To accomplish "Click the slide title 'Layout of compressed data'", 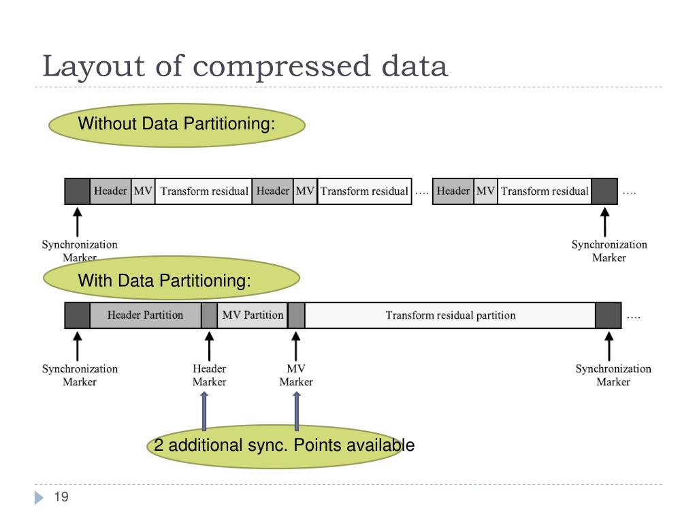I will [245, 67].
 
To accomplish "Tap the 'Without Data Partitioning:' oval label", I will [176, 125].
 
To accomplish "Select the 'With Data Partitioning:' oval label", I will [172, 280].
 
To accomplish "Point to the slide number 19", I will [61, 498].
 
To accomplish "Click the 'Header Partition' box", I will [145, 315].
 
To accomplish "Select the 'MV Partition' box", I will [253, 315].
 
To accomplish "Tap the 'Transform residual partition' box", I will [450, 315].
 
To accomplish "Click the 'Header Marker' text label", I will [209, 375].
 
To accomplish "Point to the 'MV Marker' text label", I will [296, 375].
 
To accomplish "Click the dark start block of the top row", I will [77, 191].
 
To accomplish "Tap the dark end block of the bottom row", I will [608, 315].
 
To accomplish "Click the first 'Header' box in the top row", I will [110, 191].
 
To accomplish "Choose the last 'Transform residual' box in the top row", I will [545, 191].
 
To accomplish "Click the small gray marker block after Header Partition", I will [209, 315].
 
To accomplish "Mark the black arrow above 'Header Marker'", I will [209, 346].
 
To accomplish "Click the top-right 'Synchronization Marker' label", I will [609, 251].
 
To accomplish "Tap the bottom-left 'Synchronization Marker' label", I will [80, 375].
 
